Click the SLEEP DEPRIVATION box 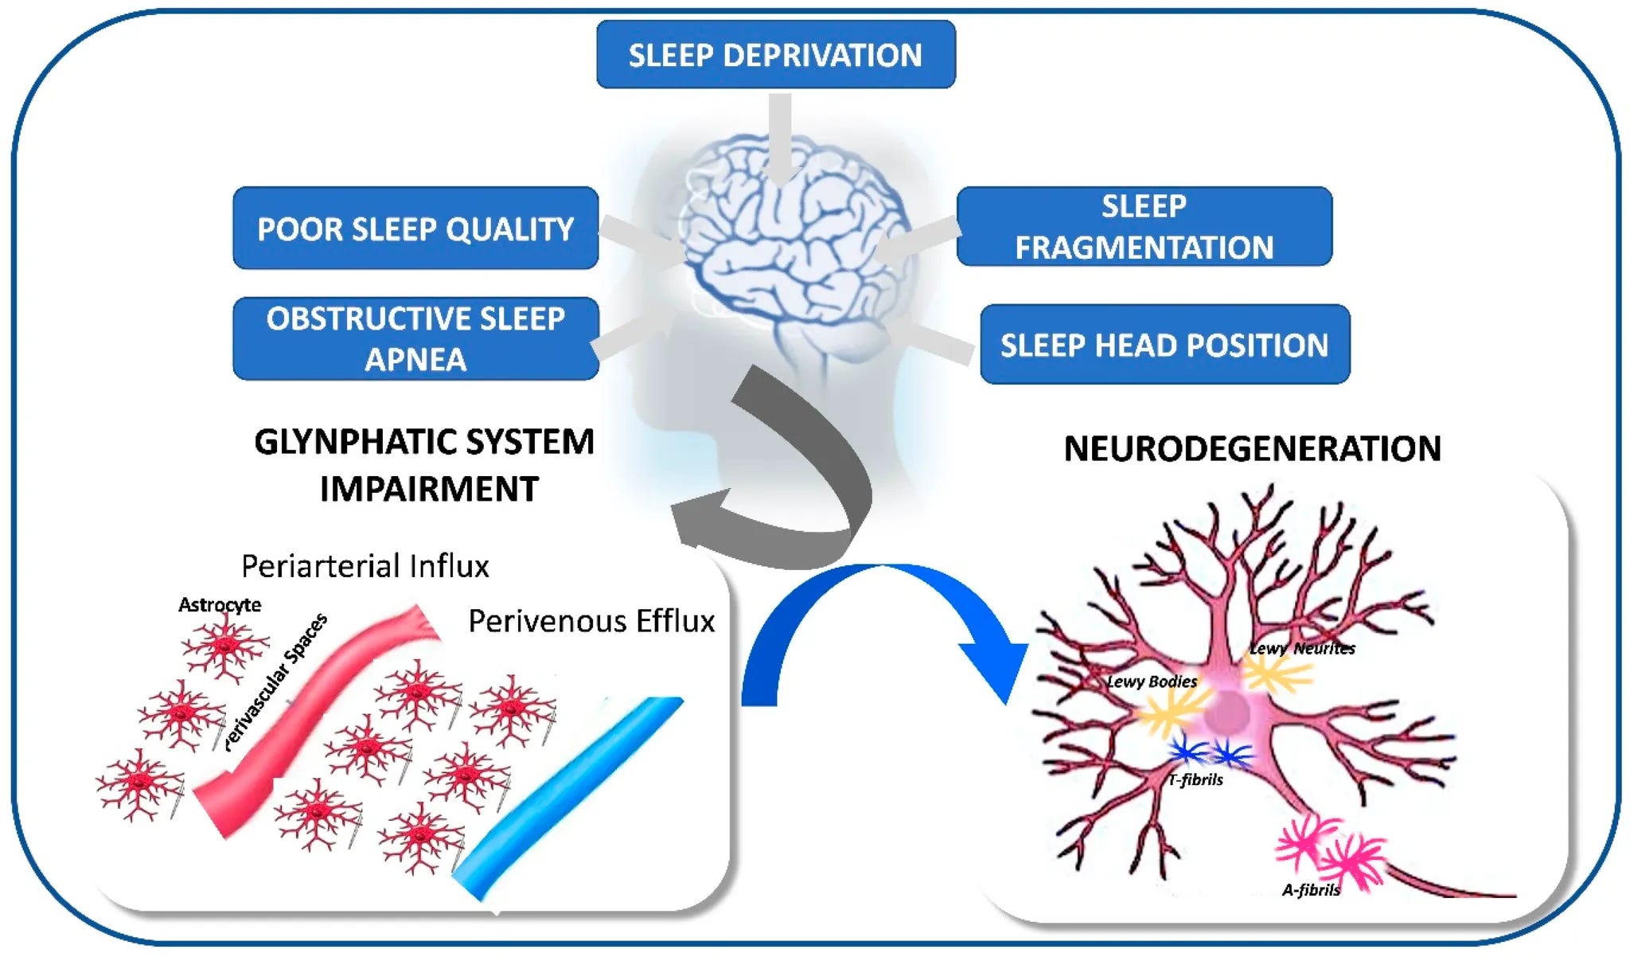click(775, 55)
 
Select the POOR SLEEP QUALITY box click(415, 229)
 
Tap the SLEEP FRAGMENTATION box click(1144, 227)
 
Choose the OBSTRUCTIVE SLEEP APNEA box click(415, 338)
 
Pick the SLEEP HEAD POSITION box click(1164, 345)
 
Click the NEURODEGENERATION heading click(1252, 449)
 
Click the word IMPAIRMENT click(429, 489)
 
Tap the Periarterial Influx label click(365, 566)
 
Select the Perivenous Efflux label click(591, 621)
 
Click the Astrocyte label click(220, 605)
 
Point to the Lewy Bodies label click(1152, 682)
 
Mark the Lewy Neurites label click(1302, 649)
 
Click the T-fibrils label click(1195, 780)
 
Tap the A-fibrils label click(1311, 890)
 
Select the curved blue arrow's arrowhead click(995, 665)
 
